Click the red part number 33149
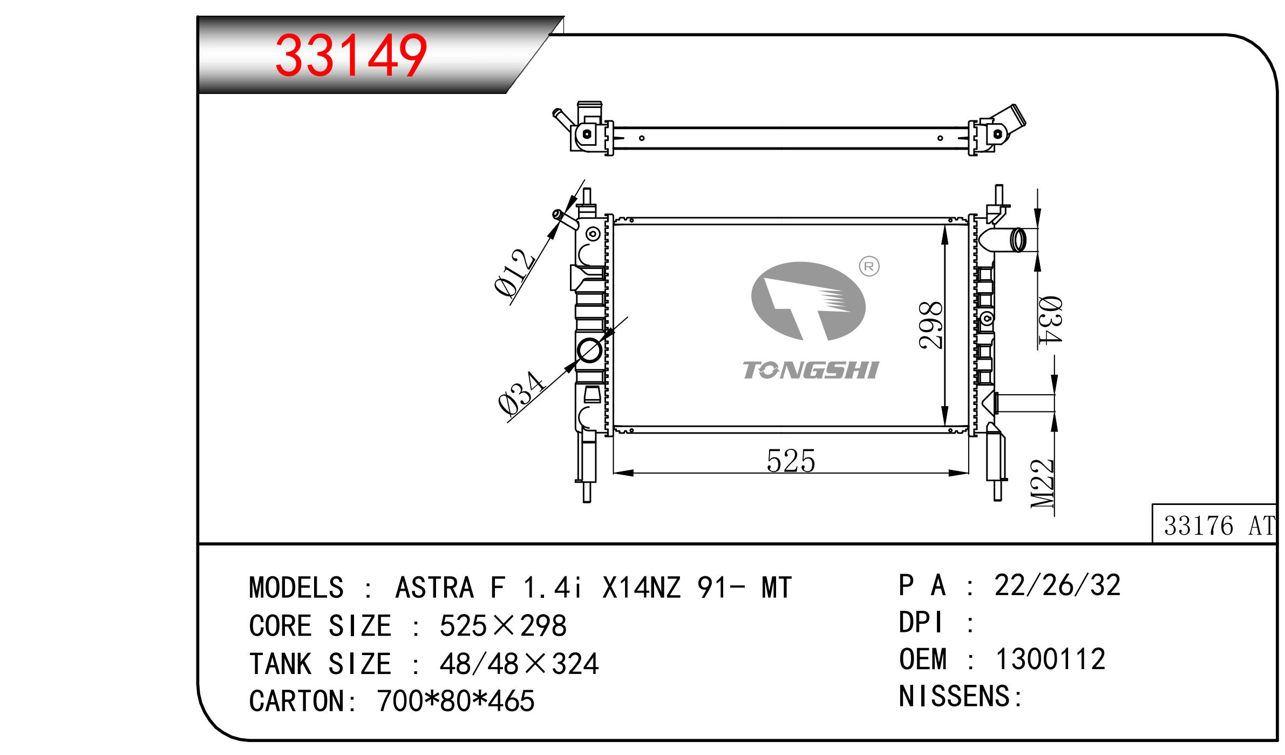pyautogui.click(x=351, y=56)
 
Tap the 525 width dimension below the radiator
pyautogui.click(x=791, y=461)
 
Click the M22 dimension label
pyautogui.click(x=1042, y=483)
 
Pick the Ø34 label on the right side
pyautogui.click(x=1050, y=320)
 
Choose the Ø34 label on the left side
pyautogui.click(x=521, y=393)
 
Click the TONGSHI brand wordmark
pyautogui.click(x=811, y=370)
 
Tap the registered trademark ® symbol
pyautogui.click(x=869, y=267)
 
